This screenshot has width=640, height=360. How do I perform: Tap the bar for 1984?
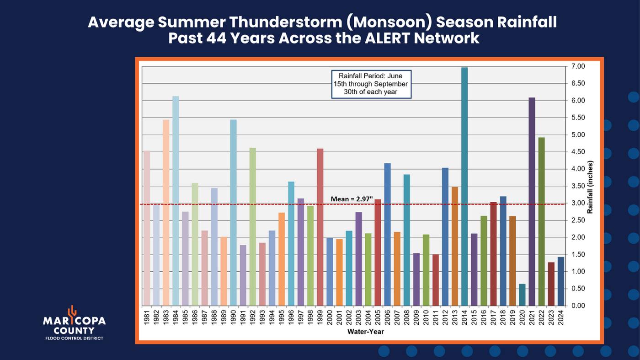tap(176, 201)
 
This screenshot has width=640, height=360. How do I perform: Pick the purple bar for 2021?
tap(532, 201)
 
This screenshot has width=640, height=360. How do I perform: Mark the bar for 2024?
tap(560, 281)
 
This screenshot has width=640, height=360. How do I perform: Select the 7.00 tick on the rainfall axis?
tap(577, 67)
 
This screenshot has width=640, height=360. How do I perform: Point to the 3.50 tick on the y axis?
tap(577, 186)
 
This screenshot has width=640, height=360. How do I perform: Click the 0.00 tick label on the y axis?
tap(577, 306)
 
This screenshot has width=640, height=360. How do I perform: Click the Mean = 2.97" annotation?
tap(352, 199)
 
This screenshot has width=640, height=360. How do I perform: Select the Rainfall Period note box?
tap(371, 84)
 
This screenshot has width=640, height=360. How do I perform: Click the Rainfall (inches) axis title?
tap(590, 187)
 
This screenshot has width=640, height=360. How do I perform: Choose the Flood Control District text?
tap(74, 339)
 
